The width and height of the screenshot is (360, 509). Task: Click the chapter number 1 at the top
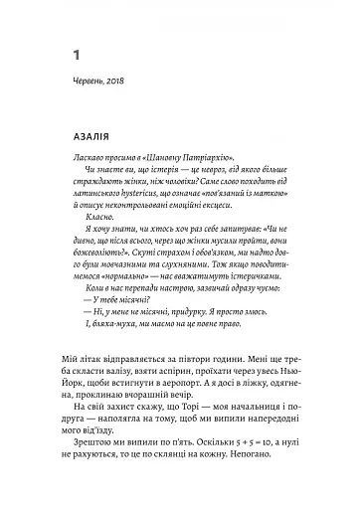(x=77, y=53)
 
